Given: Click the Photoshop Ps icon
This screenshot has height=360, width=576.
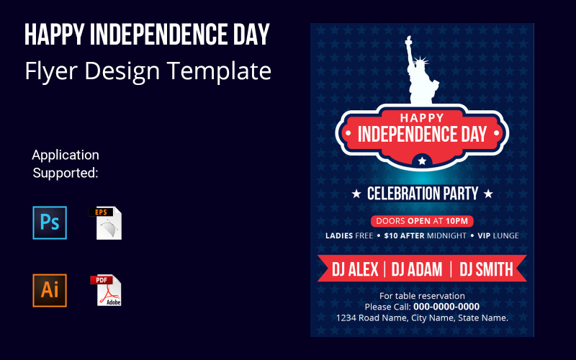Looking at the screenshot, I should tap(50, 222).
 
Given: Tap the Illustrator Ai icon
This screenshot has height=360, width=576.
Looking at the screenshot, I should tap(50, 290).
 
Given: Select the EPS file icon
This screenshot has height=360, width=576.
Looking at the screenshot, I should tap(107, 223).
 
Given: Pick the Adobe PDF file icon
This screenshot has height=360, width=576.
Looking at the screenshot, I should tap(107, 290).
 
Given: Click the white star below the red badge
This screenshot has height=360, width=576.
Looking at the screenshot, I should tap(423, 161).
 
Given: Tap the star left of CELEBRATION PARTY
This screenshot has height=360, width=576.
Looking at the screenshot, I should tap(356, 194).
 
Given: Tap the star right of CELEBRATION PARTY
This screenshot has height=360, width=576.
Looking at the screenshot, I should tap(488, 194).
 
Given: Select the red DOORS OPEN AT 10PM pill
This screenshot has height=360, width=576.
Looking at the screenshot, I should tap(422, 221).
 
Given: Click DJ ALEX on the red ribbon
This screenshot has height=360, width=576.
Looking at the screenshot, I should tap(355, 269).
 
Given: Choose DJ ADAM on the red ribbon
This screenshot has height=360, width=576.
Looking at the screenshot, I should tap(418, 269).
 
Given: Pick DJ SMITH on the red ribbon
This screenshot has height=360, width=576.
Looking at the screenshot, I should tap(487, 269).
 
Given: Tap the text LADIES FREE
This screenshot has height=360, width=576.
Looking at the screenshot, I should tap(349, 235).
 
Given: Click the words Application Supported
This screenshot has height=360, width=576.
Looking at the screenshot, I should tap(66, 163).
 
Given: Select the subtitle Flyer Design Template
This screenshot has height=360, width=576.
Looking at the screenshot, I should tap(148, 71).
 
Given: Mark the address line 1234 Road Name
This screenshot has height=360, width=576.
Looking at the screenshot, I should tap(422, 318).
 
